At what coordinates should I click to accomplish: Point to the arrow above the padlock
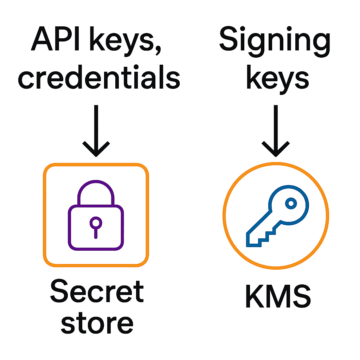(x=96, y=130)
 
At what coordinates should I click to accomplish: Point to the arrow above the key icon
(x=276, y=130)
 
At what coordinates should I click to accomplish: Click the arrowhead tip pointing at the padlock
(x=96, y=155)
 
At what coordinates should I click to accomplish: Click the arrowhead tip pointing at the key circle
(x=276, y=155)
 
